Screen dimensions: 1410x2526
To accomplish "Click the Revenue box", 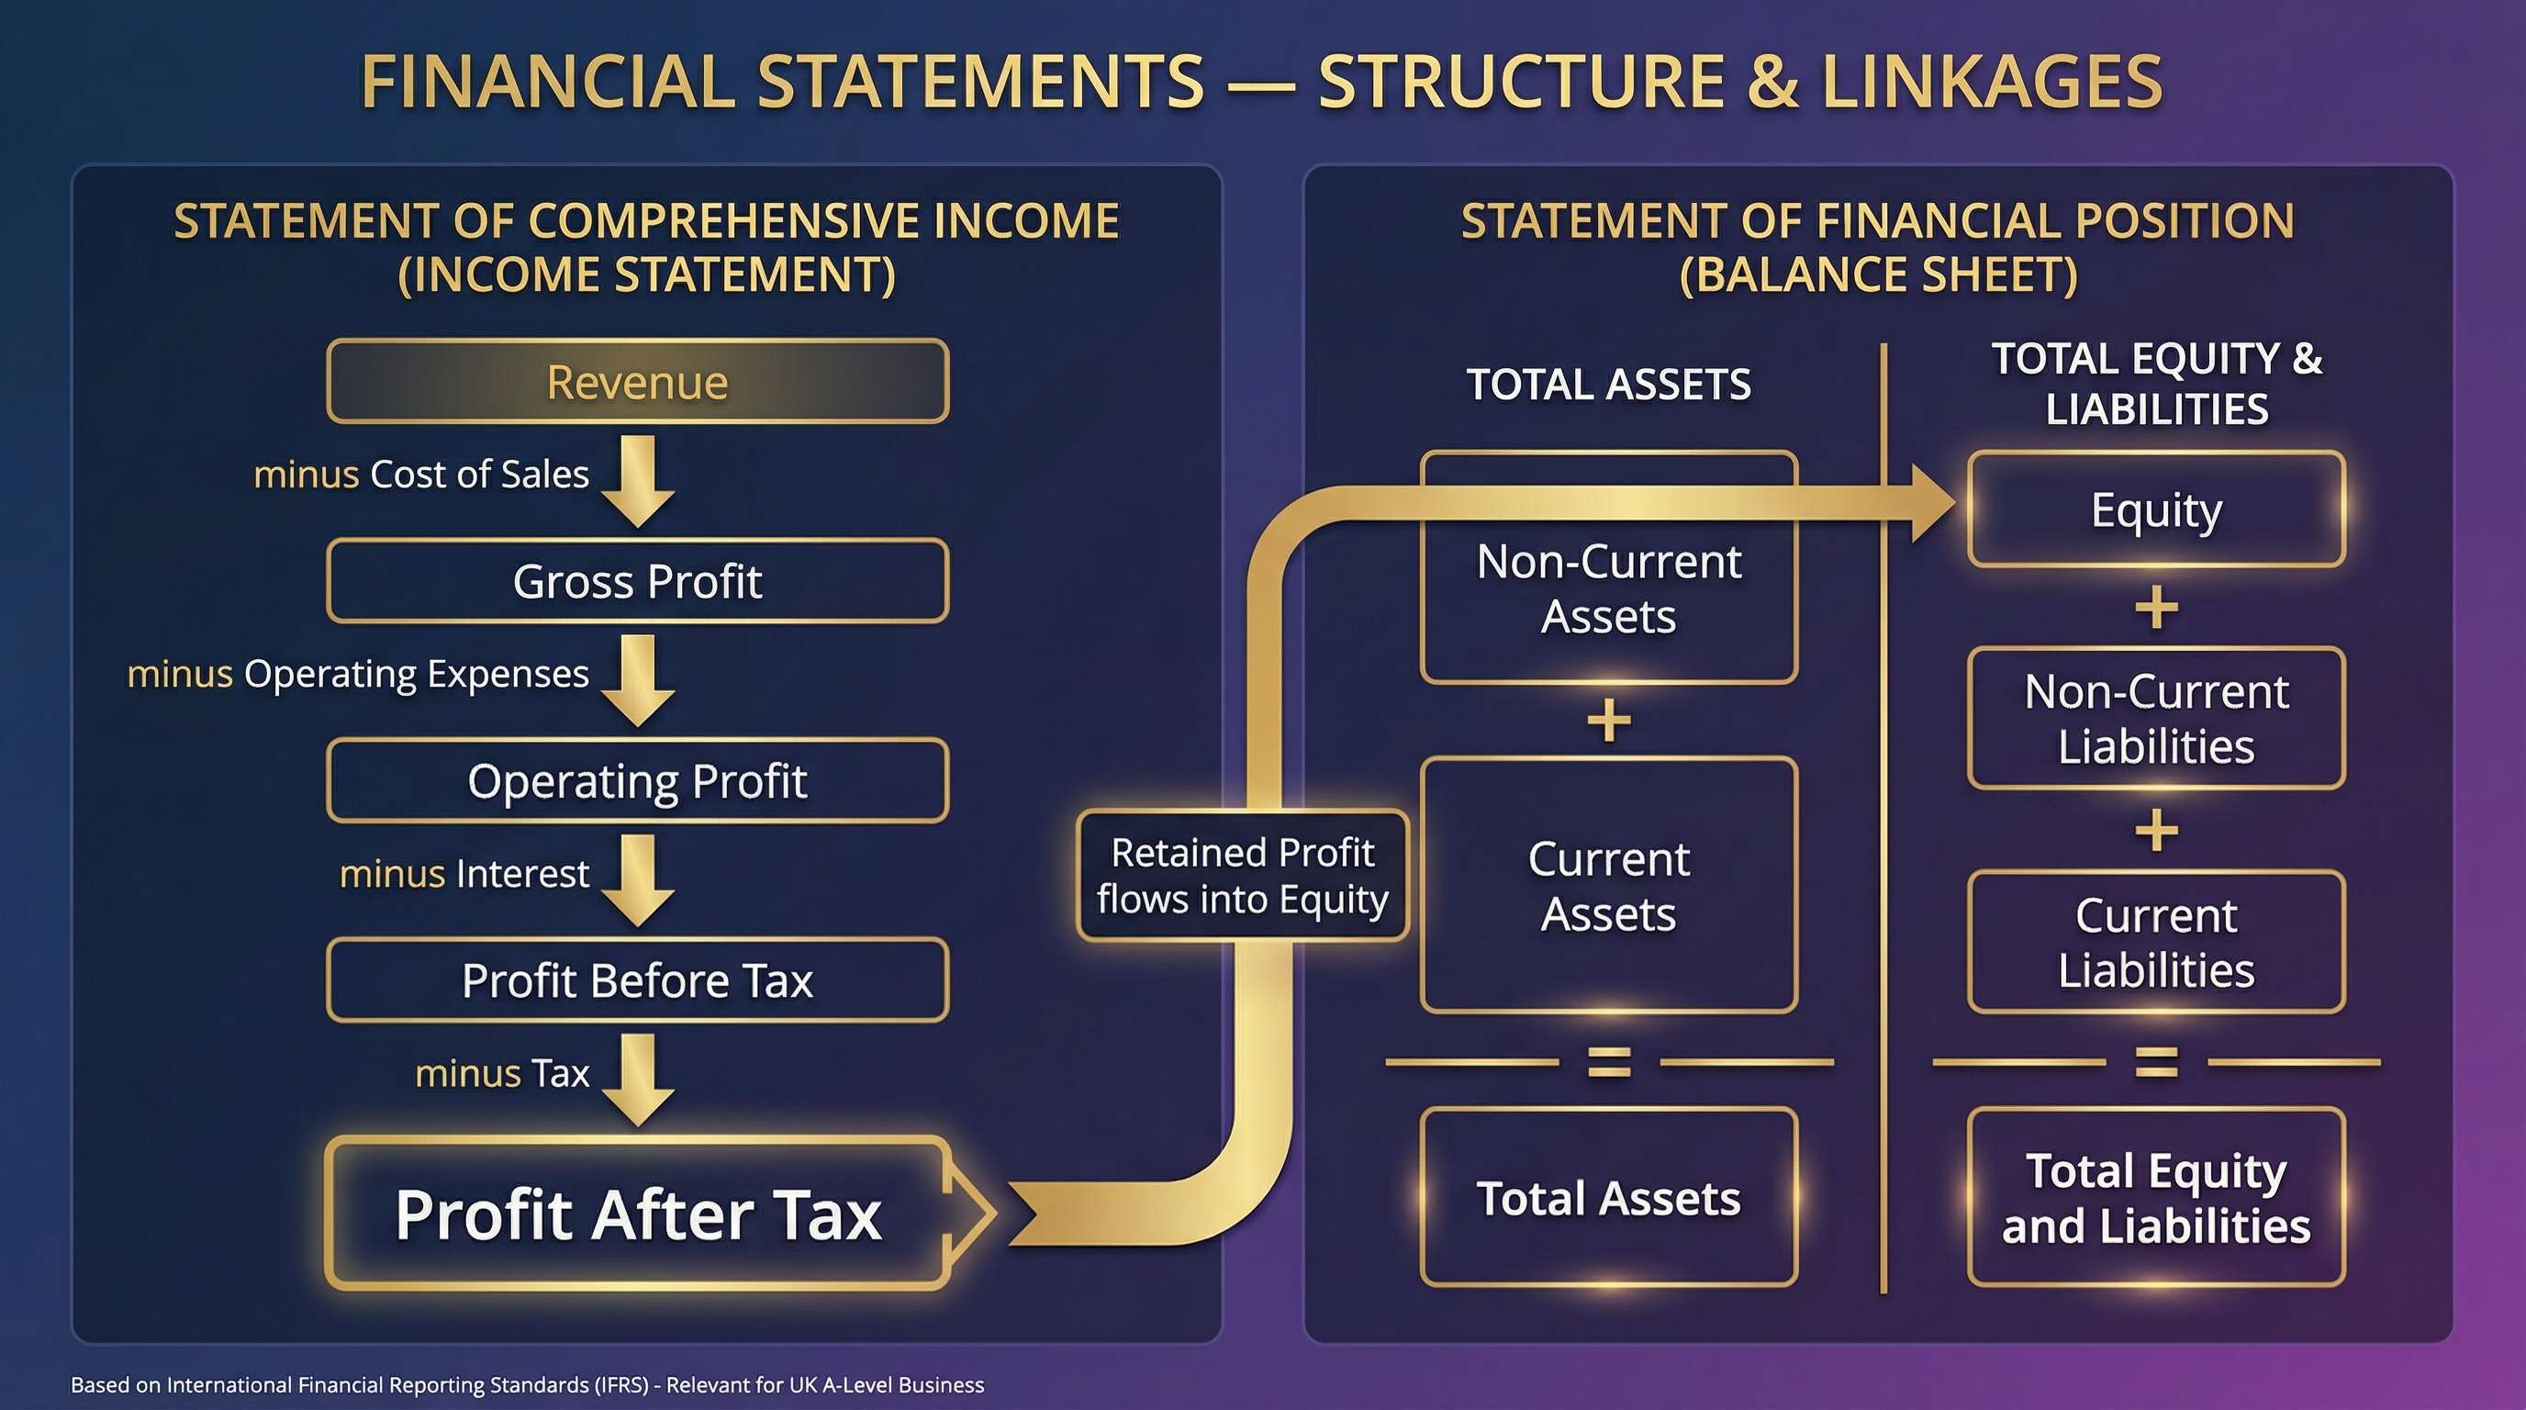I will (637, 382).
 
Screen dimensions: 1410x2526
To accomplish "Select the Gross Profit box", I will (637, 580).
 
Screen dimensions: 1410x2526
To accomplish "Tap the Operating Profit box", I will (637, 780).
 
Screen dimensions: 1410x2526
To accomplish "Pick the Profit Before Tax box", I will (637, 979).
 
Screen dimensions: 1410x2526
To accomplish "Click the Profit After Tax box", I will (637, 1214).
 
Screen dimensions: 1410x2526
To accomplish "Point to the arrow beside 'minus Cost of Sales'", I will (637, 480).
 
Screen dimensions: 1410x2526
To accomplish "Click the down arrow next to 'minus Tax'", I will (637, 1079).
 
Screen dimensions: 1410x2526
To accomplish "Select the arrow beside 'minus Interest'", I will (637, 879).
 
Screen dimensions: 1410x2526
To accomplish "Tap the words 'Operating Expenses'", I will (416, 675).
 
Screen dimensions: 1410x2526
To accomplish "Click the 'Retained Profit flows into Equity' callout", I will (1243, 876).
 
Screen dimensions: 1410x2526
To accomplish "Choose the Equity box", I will (2156, 509).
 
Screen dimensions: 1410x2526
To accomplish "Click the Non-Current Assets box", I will (1608, 588).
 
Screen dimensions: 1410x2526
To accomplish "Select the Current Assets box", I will (1608, 886).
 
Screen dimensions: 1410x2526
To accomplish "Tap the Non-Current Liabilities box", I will (2156, 718).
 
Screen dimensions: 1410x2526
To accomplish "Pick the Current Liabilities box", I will (2156, 942).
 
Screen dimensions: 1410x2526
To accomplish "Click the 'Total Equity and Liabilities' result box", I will (2156, 1197).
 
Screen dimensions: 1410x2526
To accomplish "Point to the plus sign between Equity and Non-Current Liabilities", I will (2156, 608).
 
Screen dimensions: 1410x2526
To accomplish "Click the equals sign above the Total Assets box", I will (1609, 1062).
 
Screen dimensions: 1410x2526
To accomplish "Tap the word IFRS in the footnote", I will (621, 1384).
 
